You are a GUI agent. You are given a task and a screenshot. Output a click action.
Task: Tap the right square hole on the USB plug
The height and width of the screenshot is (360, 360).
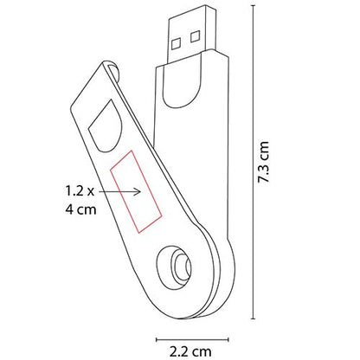[193, 35]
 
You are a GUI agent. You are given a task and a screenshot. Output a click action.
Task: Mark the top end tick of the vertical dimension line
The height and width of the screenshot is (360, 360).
[254, 6]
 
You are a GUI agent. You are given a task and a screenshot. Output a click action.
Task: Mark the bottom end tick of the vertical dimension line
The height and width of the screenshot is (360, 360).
[254, 318]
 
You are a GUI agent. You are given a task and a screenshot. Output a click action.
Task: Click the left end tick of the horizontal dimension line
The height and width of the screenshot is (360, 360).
[156, 338]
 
